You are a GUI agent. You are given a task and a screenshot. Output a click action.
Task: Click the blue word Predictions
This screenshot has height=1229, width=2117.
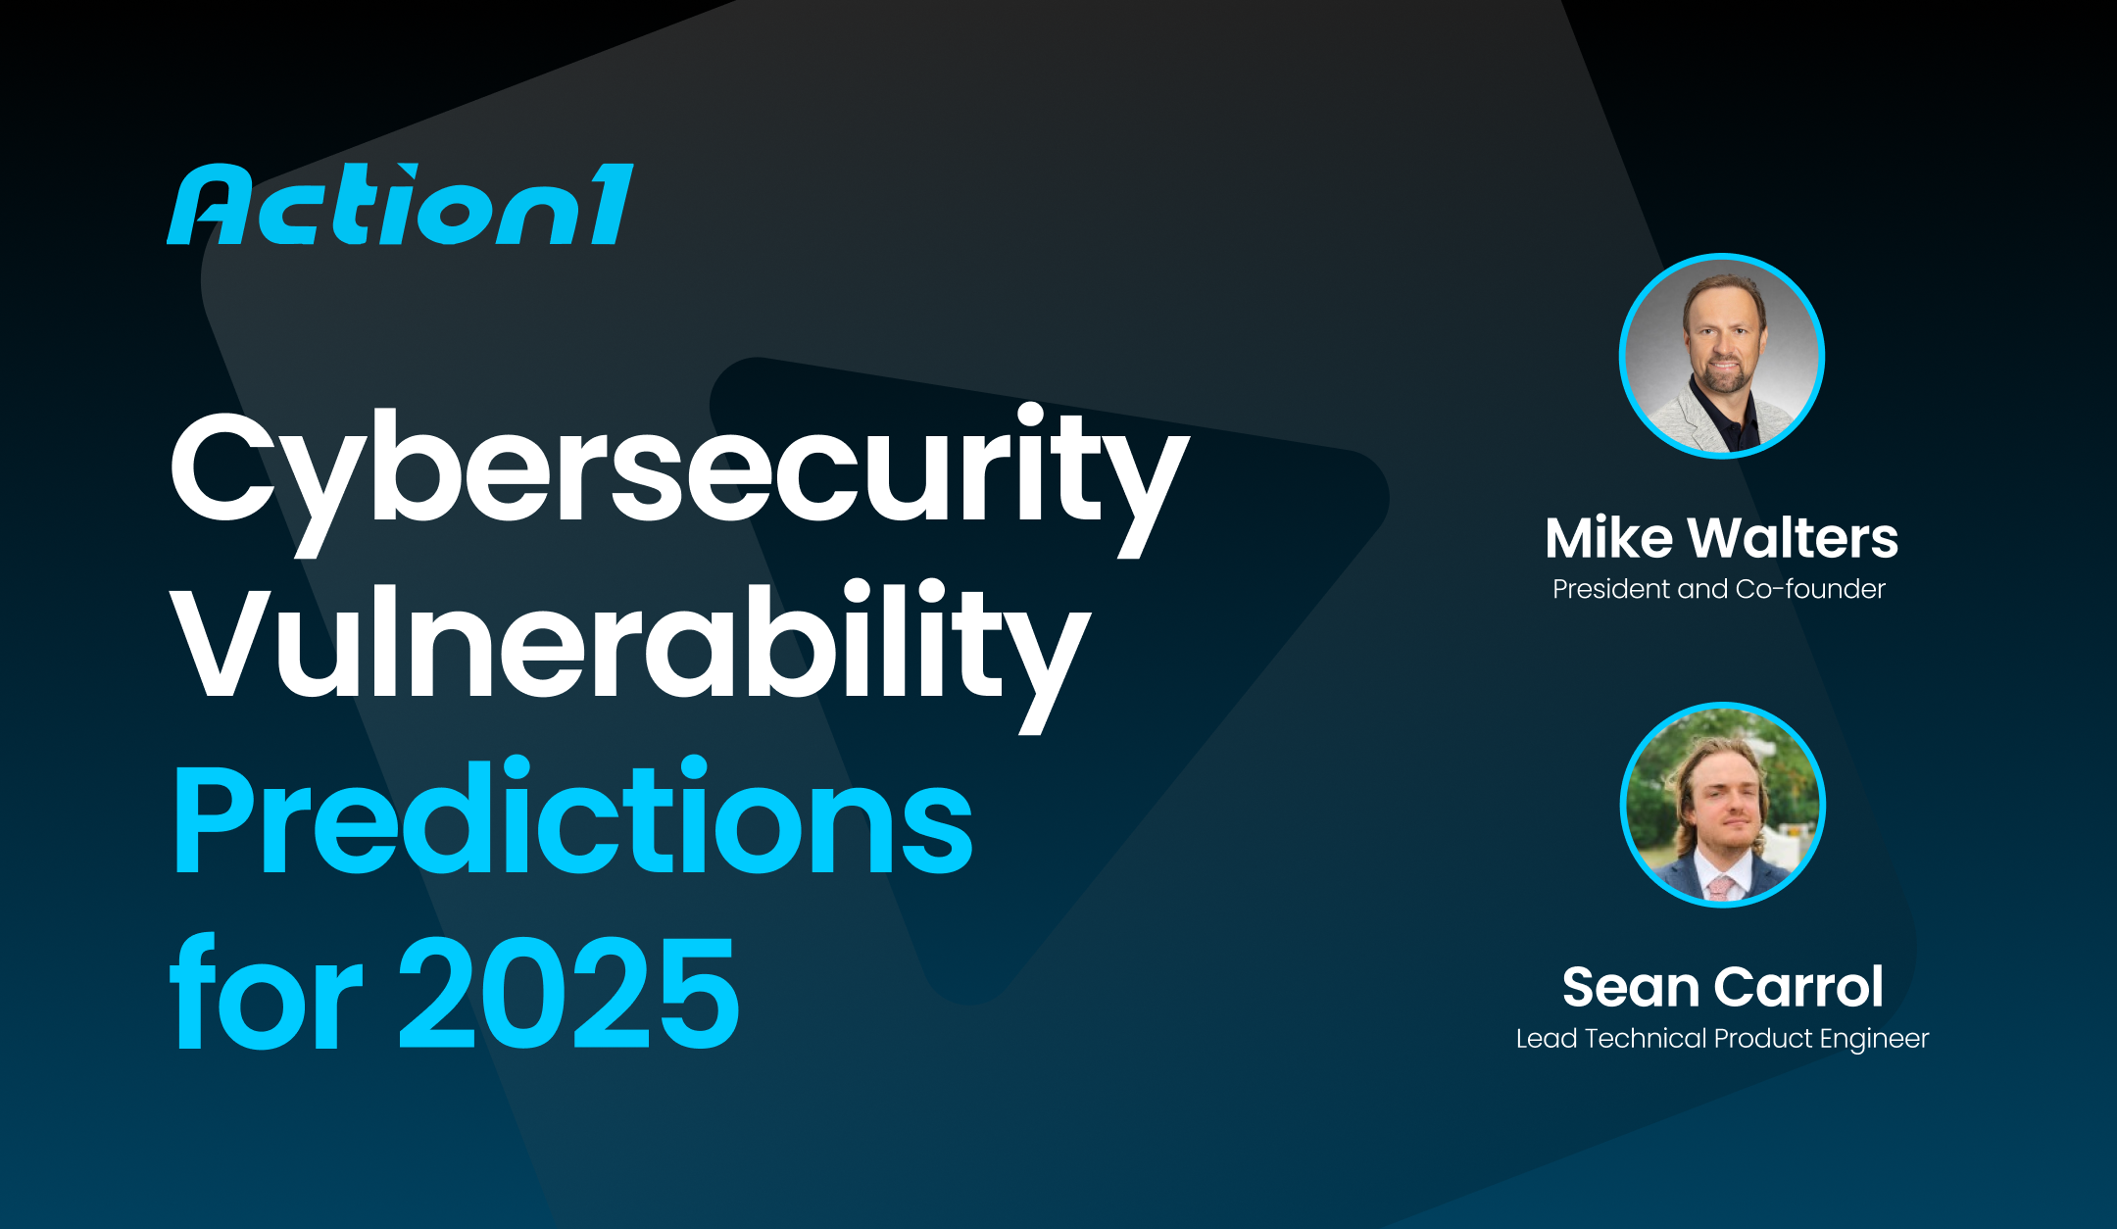pyautogui.click(x=572, y=819)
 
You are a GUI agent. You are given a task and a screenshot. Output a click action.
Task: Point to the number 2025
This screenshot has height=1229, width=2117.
pyautogui.click(x=568, y=994)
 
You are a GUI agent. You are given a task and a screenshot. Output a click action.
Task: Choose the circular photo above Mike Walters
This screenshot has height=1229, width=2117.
pyautogui.click(x=1721, y=356)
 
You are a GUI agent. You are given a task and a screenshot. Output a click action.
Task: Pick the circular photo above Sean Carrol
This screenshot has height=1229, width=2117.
pyautogui.click(x=1722, y=805)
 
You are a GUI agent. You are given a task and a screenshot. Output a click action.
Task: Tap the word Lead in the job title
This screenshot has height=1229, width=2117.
pyautogui.click(x=1546, y=1039)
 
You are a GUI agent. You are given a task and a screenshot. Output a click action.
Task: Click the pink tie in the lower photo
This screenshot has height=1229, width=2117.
pyautogui.click(x=1720, y=888)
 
